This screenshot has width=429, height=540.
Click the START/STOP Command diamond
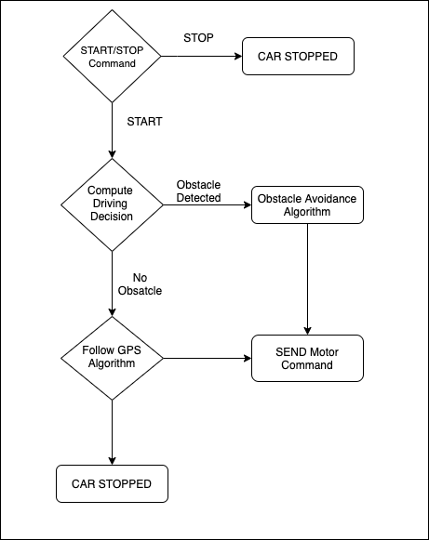coord(112,56)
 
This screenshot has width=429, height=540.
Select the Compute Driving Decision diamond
coord(112,204)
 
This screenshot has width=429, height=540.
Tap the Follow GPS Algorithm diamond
coord(112,358)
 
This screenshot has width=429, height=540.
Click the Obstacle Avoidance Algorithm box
coord(307,204)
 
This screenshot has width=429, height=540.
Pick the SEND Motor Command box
coord(307,358)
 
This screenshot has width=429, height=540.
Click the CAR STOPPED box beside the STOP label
coord(298,56)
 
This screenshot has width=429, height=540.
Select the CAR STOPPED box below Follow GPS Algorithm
coord(112,484)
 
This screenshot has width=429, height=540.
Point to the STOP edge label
coord(198,37)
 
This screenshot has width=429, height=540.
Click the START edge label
coord(144,122)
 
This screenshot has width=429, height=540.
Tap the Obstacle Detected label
coord(198,191)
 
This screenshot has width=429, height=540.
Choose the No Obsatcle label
coord(140,284)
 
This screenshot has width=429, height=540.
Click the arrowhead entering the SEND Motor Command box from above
coord(308,331)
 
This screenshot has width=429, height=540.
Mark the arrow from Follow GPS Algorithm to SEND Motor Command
coord(208,358)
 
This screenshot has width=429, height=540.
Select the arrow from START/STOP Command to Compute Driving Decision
coord(112,130)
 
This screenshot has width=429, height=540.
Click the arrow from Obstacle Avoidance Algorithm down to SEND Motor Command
coord(308,280)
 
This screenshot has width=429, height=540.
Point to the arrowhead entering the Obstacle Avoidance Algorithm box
coord(248,204)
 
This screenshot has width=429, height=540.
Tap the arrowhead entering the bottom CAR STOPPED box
coord(112,461)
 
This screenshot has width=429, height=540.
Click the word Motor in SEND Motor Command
coord(324,352)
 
